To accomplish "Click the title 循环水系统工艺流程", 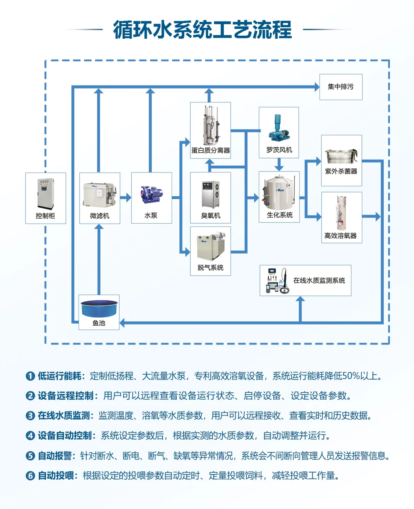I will tap(202, 30).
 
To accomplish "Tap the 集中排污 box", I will tap(340, 87).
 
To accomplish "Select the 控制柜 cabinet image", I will tap(45, 194).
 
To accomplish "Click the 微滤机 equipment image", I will tap(99, 195).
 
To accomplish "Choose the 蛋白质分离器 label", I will tap(210, 150).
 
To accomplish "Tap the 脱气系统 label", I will tap(210, 267).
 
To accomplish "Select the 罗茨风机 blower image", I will tap(279, 128).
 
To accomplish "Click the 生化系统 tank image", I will tap(279, 193).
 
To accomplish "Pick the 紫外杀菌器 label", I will tap(341, 171).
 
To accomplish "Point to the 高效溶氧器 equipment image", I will tap(341, 213).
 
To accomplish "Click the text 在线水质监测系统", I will tap(319, 280).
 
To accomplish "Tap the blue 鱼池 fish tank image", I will tap(99, 308).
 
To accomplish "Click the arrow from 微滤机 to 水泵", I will tap(126, 198).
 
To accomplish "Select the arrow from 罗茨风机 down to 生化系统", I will tap(279, 164).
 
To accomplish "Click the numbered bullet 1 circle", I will tap(30, 376).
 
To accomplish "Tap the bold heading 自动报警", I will tap(55, 456).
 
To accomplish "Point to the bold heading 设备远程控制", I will tap(66, 396).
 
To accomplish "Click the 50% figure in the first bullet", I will tap(350, 376).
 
